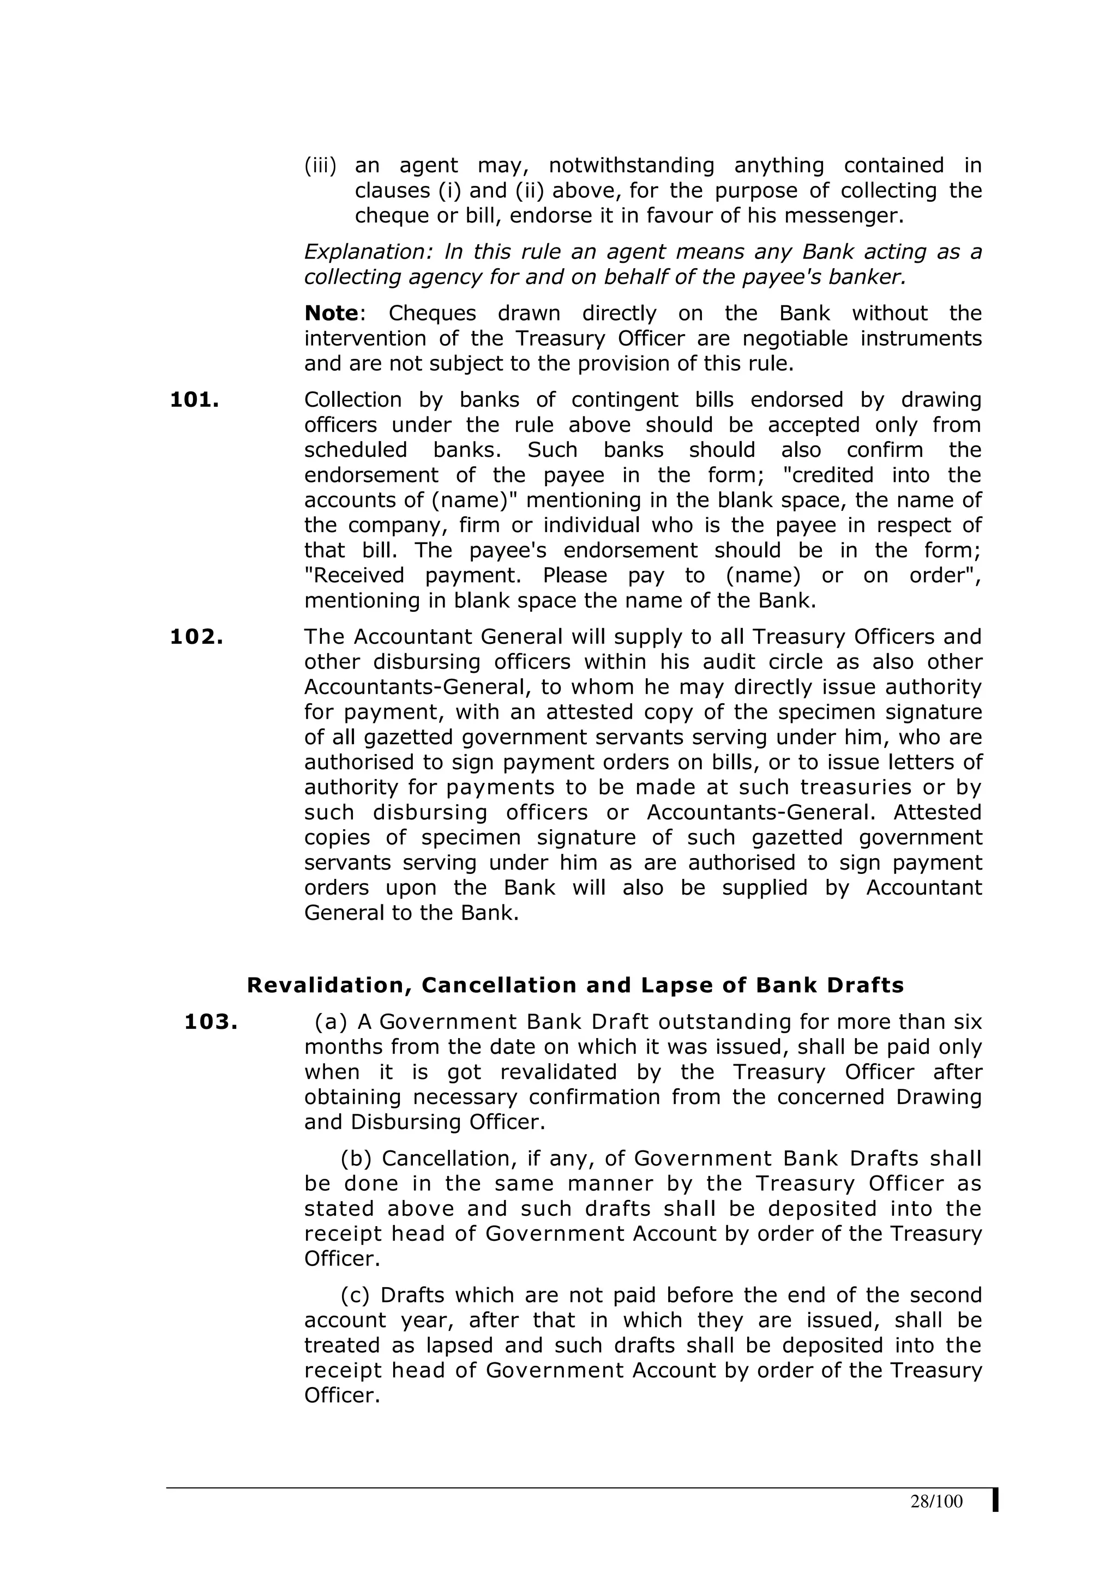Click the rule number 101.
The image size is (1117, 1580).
tap(194, 400)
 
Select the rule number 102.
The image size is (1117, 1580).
tap(196, 637)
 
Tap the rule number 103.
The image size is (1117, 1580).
tap(211, 1022)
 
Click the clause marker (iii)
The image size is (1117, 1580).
tap(320, 166)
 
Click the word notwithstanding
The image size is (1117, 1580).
tap(631, 166)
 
